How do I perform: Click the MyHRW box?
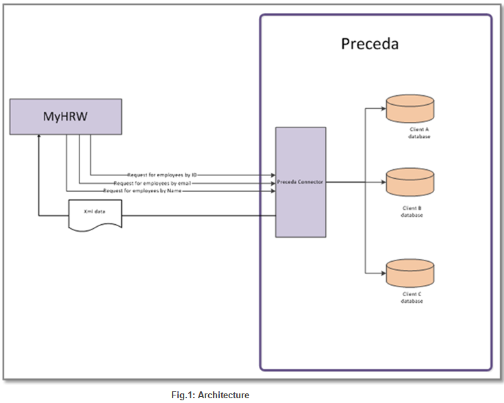[x=66, y=117]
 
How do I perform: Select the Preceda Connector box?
[x=301, y=182]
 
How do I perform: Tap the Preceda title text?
[x=370, y=45]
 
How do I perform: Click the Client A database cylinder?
[x=410, y=108]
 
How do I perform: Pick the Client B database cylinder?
[x=410, y=182]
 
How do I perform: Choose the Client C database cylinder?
[x=410, y=272]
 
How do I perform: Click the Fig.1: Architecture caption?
[x=210, y=395]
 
